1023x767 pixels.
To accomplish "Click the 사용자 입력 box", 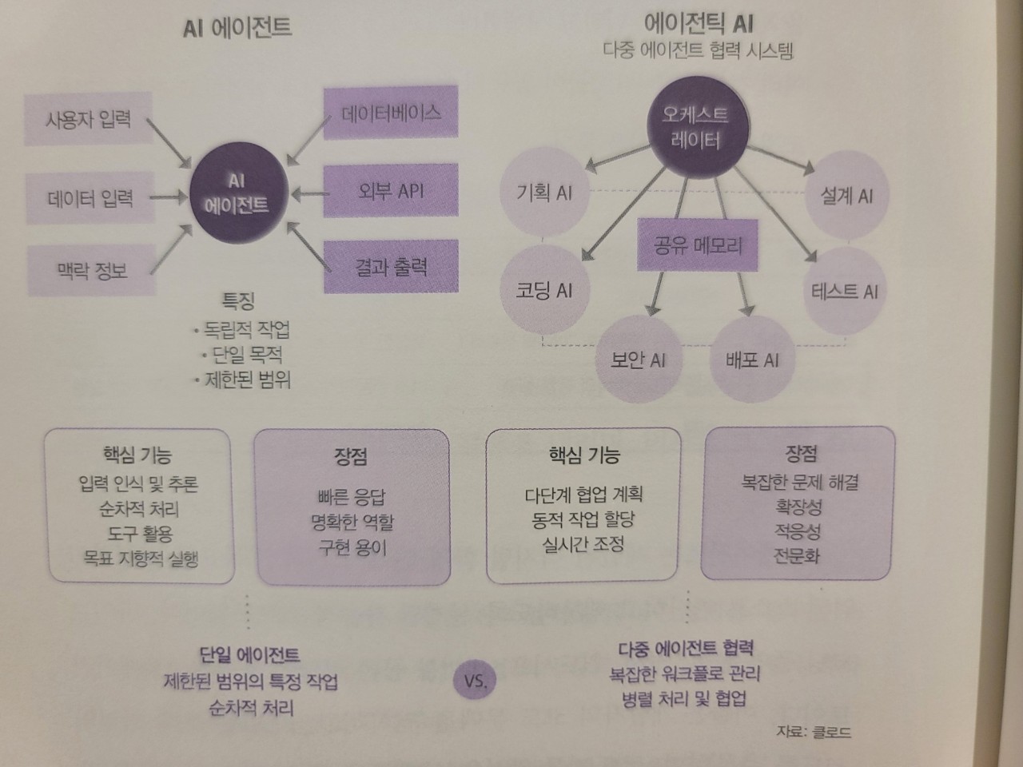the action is pos(88,120).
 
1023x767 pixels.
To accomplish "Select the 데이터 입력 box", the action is pos(90,197).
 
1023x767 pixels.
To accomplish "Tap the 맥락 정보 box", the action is pos(91,271).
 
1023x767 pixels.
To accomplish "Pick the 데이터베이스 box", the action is pos(391,113).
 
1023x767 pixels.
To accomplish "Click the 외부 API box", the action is pos(391,191).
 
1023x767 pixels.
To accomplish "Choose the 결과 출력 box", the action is pos(391,266).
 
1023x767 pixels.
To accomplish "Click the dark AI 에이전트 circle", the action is pos(236,193).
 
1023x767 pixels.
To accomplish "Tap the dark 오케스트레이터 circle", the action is pos(696,127).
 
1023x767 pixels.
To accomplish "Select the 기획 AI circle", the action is pos(544,193).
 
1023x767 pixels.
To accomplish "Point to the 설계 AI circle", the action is pos(846,196).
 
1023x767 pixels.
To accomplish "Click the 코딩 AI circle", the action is pos(544,289).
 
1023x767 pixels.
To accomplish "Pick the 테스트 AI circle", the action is pos(844,292).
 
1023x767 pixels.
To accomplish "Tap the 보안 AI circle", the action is pos(638,360).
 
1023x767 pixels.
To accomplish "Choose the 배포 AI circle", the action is pos(751,360).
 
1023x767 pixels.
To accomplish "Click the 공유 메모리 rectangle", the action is pos(698,244).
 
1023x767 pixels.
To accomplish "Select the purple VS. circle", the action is pos(475,680).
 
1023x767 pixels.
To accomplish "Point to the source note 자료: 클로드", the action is pos(813,731).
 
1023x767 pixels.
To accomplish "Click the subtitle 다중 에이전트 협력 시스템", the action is pos(698,51).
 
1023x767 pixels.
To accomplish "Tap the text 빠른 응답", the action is pos(352,497).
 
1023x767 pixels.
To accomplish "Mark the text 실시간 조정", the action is pos(583,544).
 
